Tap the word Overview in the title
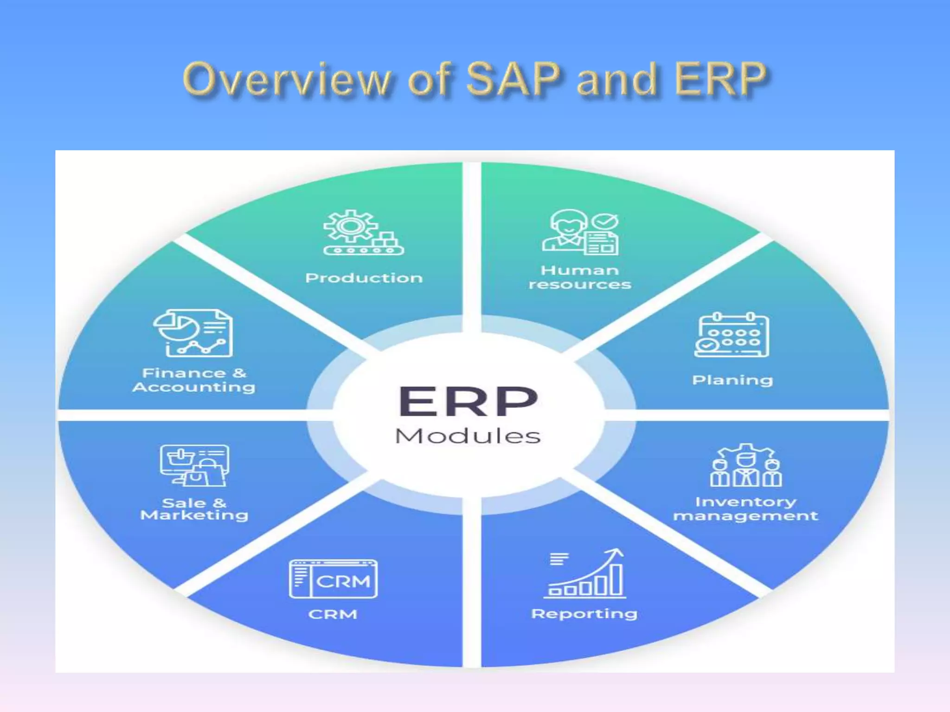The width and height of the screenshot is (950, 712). tap(287, 80)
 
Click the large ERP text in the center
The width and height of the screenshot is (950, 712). tap(468, 401)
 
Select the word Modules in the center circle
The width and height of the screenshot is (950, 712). tap(468, 436)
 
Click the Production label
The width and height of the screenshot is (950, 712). tap(364, 278)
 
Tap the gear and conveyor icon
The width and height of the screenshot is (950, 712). tap(363, 233)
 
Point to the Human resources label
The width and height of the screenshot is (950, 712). tap(580, 277)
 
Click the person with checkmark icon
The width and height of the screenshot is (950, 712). tap(580, 232)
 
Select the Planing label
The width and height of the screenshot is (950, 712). tap(732, 380)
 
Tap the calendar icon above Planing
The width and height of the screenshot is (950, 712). tap(732, 335)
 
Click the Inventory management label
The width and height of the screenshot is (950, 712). tap(745, 509)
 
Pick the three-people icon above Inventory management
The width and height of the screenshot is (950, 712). tap(746, 465)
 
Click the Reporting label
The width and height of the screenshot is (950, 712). tap(584, 614)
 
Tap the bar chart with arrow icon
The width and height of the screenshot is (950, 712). tap(585, 573)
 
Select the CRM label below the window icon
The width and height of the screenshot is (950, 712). tap(333, 614)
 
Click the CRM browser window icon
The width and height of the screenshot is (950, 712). tap(333, 579)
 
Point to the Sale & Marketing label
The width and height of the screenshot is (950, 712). tap(194, 509)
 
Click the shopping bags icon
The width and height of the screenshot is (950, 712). tap(194, 465)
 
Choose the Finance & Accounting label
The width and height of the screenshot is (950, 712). tap(194, 380)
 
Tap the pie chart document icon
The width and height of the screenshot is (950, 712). tap(193, 333)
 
